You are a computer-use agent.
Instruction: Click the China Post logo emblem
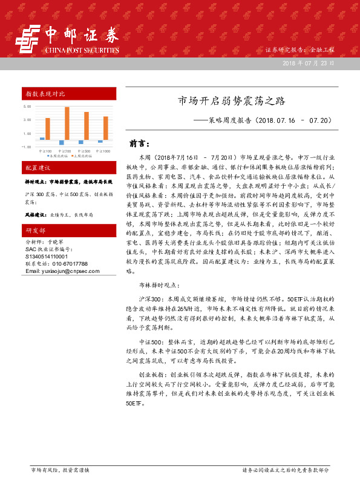tap(27, 41)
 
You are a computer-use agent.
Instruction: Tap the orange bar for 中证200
tap(67, 123)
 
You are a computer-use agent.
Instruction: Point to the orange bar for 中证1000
tap(105, 128)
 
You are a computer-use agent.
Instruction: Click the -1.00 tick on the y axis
tap(27, 146)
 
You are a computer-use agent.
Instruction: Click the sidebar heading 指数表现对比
tap(45, 93)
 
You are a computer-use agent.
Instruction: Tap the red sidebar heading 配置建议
tap(38, 167)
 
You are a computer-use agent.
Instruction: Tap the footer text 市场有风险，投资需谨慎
tap(60, 470)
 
